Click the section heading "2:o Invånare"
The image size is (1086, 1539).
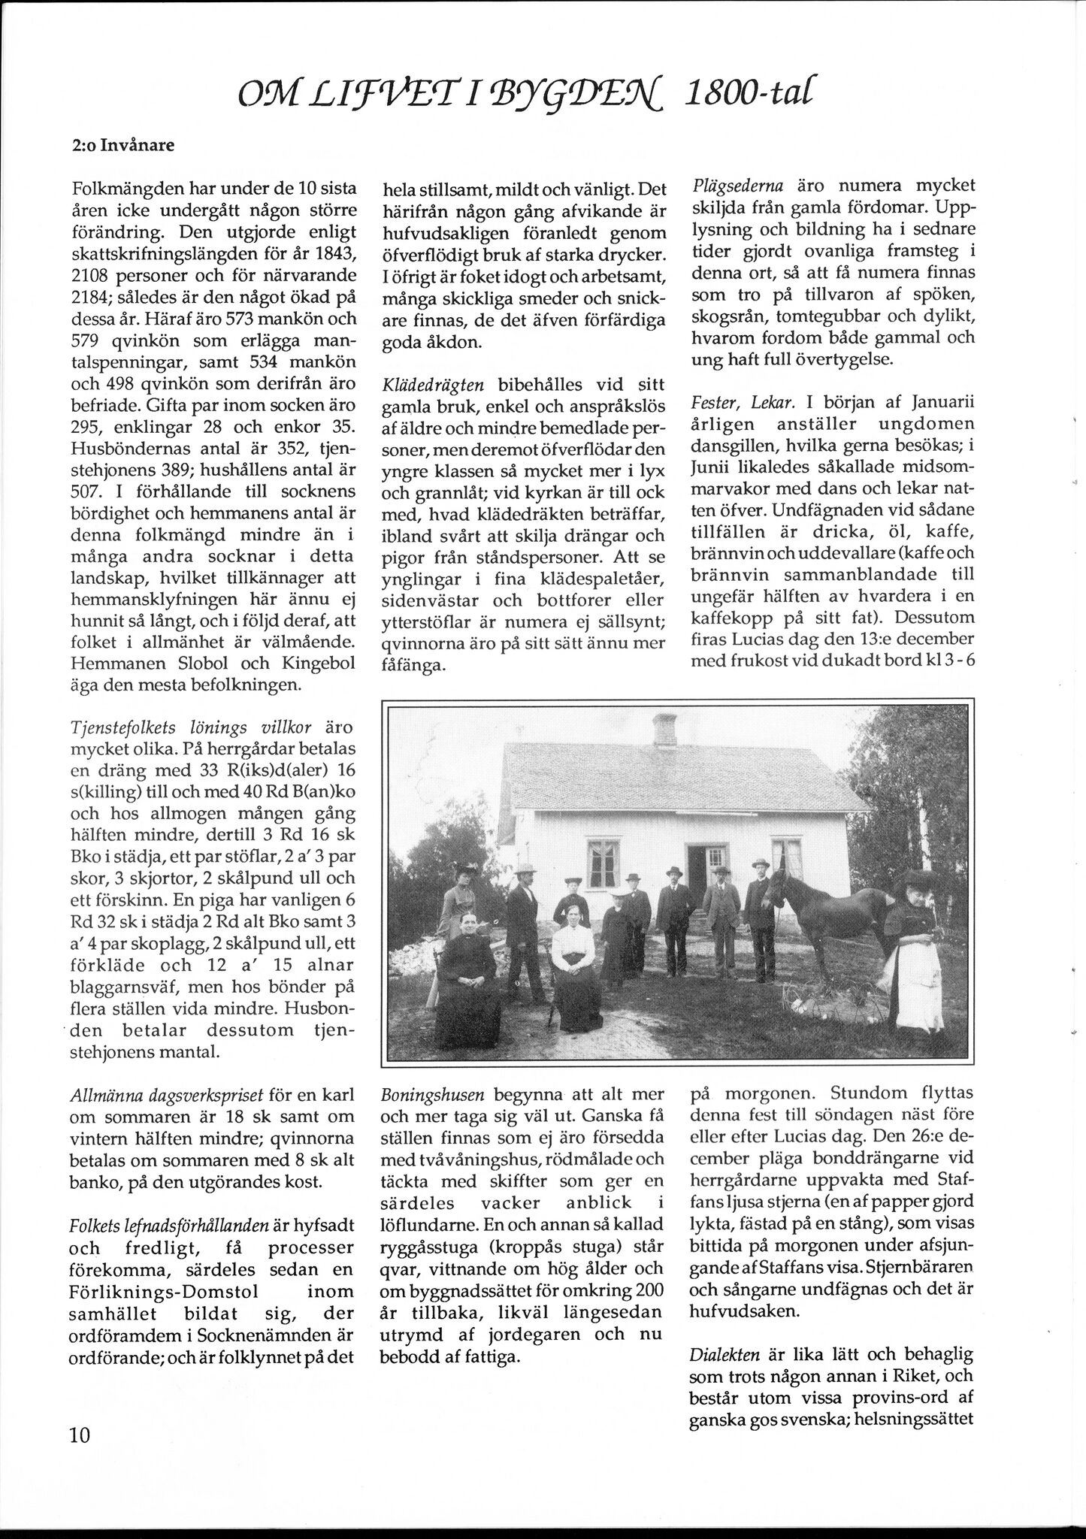tap(123, 145)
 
